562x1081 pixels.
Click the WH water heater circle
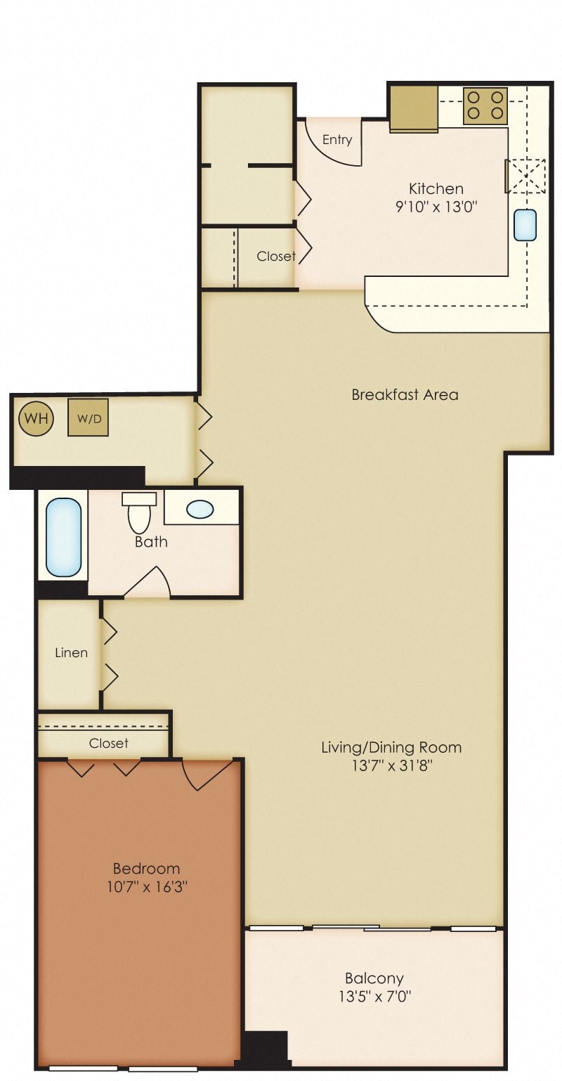tap(36, 419)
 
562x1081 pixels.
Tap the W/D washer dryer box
tap(88, 417)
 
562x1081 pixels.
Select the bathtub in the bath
tap(64, 537)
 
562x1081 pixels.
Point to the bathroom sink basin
tap(200, 509)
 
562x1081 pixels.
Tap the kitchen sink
tap(525, 225)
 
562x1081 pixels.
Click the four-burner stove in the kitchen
tap(485, 106)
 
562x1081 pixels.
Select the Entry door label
tap(337, 140)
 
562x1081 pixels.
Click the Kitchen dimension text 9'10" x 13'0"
tap(436, 207)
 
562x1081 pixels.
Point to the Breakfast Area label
tap(405, 394)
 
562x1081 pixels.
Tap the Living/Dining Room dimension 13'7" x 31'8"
tap(391, 766)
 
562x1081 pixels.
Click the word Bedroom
tap(146, 869)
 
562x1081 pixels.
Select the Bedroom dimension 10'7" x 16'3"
tap(146, 887)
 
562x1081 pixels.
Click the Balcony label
tap(374, 978)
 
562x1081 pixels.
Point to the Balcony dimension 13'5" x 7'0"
tap(374, 996)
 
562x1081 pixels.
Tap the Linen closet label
tap(71, 652)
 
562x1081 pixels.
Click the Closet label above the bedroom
tap(109, 743)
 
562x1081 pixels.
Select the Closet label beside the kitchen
tap(275, 257)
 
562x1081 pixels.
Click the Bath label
tap(151, 541)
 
